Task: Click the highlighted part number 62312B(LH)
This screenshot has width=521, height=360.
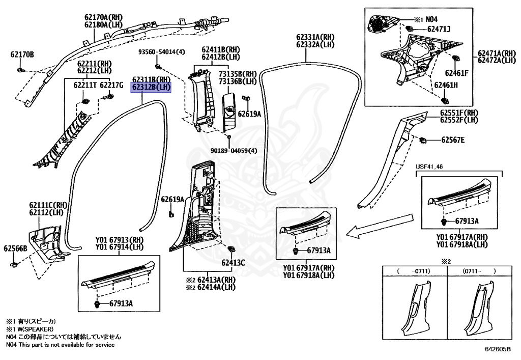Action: tap(152, 88)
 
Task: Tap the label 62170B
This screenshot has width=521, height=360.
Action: tap(22, 54)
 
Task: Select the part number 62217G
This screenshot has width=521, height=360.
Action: tap(111, 85)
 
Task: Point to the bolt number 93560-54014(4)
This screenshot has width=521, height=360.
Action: tap(162, 52)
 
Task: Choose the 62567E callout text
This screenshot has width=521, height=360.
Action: tap(453, 140)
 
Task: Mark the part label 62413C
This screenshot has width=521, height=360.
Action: tap(233, 263)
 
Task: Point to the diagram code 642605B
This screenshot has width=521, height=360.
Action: tap(497, 350)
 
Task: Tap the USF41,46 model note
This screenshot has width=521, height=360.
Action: tap(429, 167)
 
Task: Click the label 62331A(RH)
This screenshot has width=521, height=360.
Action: tap(315, 37)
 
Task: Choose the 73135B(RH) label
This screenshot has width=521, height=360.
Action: tap(238, 74)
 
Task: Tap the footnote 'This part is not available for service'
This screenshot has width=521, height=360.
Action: tap(67, 345)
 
